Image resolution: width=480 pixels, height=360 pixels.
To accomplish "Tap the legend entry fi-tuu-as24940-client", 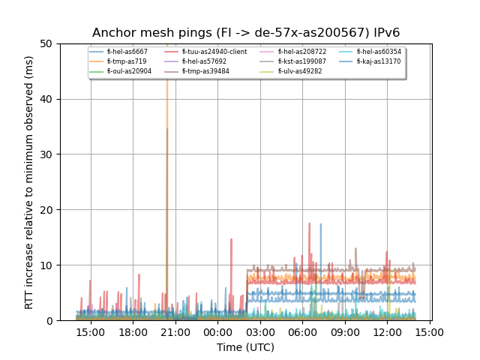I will pos(214,52).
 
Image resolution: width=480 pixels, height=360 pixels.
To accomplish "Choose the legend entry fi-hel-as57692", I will pos(204,61).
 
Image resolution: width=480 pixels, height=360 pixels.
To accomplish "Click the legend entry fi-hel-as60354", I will pos(379,52).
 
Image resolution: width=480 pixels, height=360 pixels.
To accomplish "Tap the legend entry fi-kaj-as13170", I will pos(379,61).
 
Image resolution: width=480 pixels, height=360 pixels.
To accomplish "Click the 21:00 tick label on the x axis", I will pos(175,332).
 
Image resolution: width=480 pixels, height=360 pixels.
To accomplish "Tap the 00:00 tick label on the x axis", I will pos(218,332).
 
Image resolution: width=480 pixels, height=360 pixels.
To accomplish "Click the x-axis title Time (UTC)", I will pos(245,347).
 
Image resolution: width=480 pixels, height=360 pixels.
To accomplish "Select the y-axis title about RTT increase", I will pos(29,182).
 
